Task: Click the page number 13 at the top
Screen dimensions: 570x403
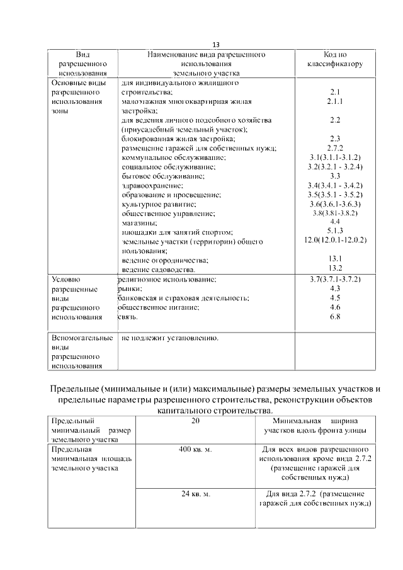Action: [216, 45]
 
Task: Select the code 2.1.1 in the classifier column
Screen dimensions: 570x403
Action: [334, 101]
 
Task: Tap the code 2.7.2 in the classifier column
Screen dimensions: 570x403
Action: [334, 148]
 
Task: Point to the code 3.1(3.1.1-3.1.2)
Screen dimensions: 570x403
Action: [334, 157]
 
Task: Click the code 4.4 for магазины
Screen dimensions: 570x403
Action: [334, 222]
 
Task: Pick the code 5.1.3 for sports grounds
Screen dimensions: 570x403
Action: [334, 232]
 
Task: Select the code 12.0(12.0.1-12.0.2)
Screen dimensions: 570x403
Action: [335, 241]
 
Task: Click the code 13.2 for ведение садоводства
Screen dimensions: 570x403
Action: [334, 269]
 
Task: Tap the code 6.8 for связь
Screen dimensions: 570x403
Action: [334, 317]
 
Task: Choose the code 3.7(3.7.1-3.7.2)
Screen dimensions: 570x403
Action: [334, 279]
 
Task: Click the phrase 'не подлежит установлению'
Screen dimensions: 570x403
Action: [169, 339]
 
